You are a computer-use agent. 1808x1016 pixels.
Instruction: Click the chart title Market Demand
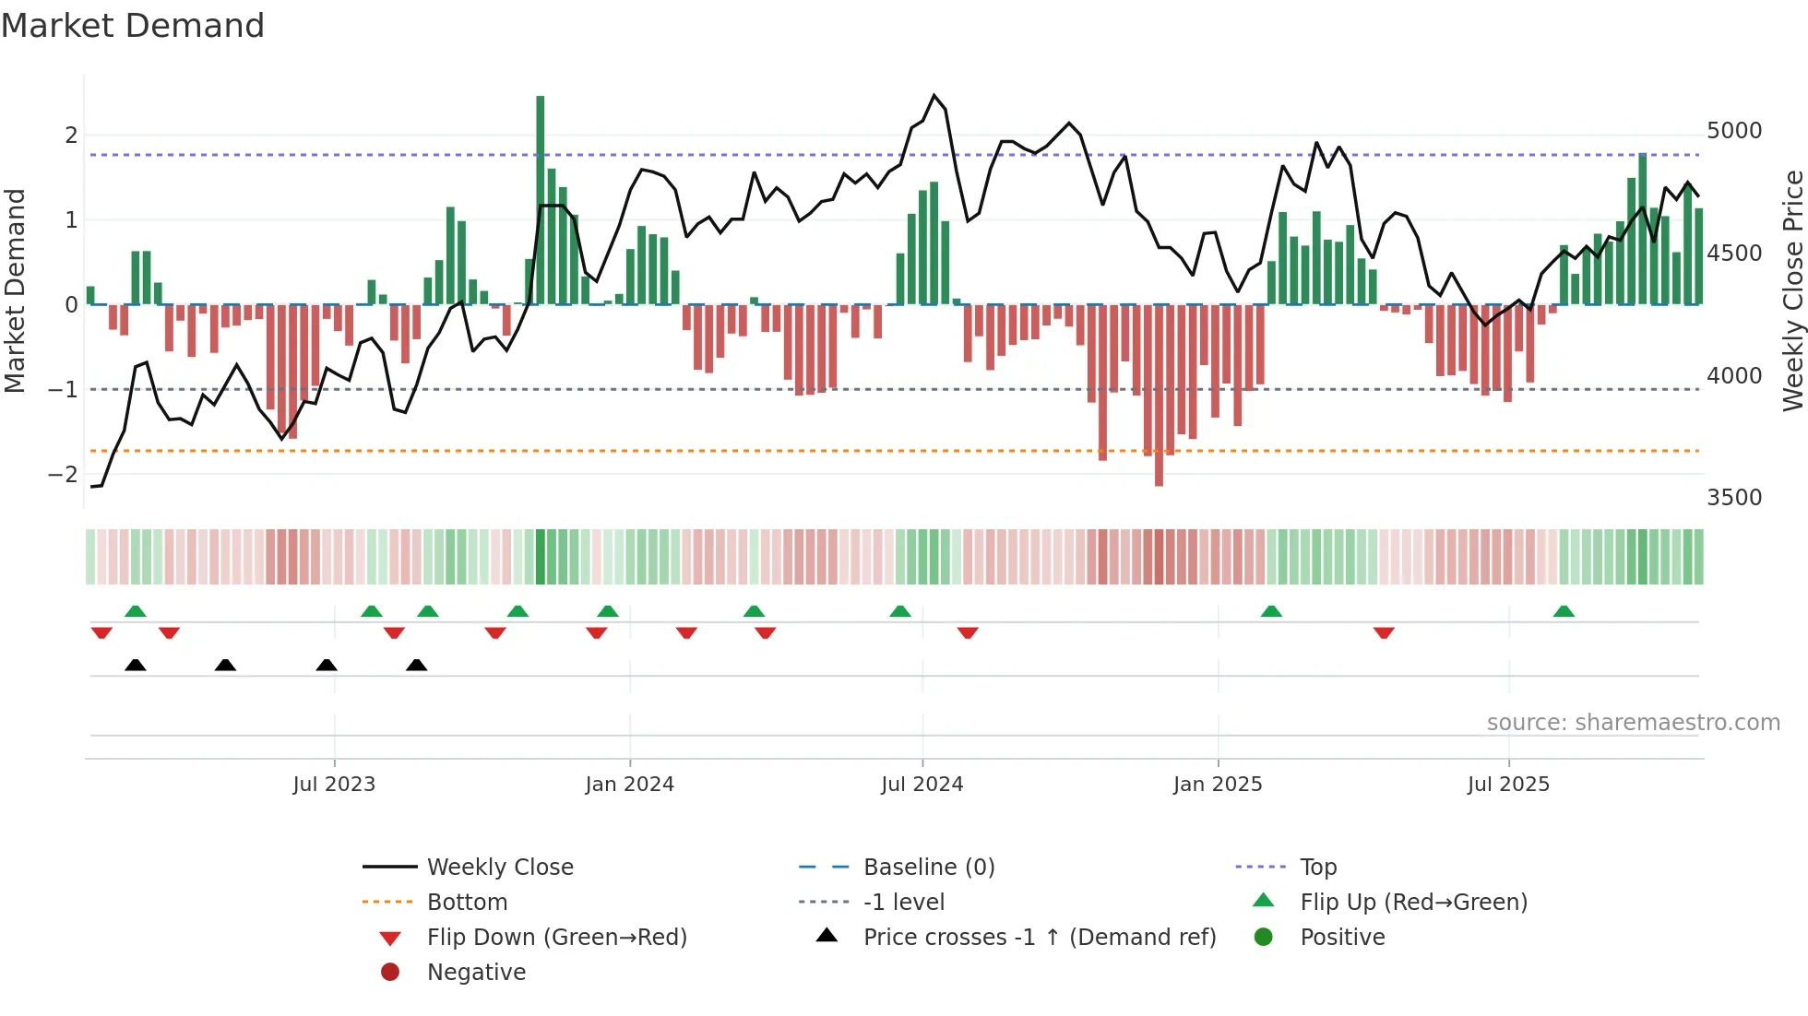[x=133, y=26]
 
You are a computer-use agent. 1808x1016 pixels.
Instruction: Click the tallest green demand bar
[x=541, y=199]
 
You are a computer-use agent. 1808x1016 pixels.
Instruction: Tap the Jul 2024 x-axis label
[x=922, y=785]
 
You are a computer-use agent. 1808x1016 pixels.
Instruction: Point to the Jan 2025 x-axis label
[x=1218, y=785]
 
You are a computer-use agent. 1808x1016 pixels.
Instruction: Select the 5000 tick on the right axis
[x=1734, y=131]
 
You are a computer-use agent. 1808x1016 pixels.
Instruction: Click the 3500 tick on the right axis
[x=1734, y=498]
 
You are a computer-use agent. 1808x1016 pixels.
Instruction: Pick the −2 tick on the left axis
[x=63, y=475]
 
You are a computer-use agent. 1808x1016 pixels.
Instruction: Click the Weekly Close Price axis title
[x=1792, y=290]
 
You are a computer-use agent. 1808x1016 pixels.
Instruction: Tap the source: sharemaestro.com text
[x=1633, y=723]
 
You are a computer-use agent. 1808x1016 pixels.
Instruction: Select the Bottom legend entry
[x=467, y=903]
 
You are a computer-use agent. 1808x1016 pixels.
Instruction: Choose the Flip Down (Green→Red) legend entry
[x=556, y=938]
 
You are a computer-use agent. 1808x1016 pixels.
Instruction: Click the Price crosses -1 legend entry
[x=1039, y=938]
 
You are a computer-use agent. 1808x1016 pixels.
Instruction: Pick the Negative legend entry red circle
[x=390, y=973]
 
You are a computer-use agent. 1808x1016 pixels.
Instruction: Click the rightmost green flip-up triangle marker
[x=1564, y=612]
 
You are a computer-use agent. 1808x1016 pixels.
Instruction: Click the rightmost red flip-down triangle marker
[x=1384, y=632]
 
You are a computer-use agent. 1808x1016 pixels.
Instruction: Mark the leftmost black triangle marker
[x=136, y=666]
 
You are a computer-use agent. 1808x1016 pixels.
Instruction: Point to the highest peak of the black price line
[x=934, y=96]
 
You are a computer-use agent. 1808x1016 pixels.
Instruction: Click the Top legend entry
[x=1317, y=868]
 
